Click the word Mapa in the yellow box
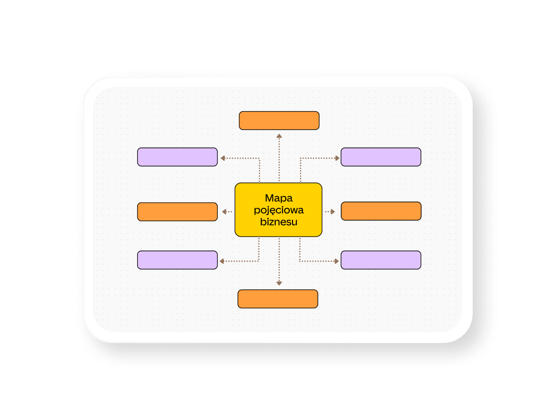click(278, 199)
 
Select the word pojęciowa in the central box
click(278, 211)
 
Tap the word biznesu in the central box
click(278, 222)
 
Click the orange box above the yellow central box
click(279, 120)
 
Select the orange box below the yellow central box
click(277, 299)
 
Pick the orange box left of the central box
click(177, 212)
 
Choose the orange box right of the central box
click(381, 211)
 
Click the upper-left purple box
click(177, 157)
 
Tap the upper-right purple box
click(381, 157)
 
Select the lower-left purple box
click(177, 260)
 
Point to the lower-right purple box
click(381, 260)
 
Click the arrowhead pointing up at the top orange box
click(279, 136)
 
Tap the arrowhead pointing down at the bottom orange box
click(279, 283)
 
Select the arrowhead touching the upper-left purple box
click(223, 158)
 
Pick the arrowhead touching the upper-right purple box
click(337, 158)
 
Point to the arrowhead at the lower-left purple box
click(222, 261)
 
